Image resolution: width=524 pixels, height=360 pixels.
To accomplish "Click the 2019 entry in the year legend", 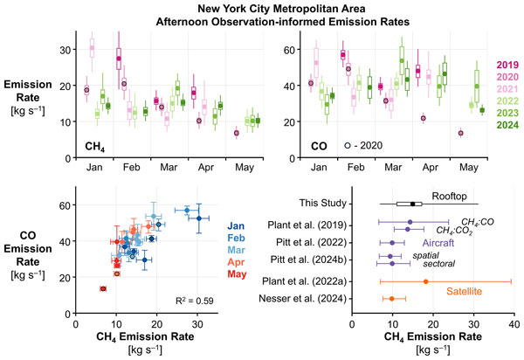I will click(508, 65).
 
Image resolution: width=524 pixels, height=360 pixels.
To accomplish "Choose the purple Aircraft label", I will click(444, 241).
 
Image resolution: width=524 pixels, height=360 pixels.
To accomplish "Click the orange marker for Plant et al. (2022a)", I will click(425, 281).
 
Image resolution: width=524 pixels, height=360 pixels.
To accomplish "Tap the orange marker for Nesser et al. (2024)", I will click(392, 299).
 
